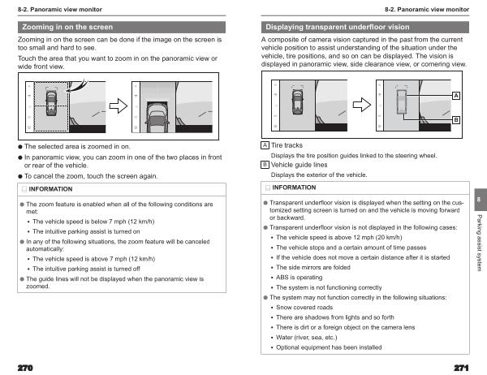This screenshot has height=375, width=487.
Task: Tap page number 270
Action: click(x=24, y=368)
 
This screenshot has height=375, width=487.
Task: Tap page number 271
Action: click(x=463, y=368)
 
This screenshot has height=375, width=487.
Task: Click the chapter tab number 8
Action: click(x=479, y=199)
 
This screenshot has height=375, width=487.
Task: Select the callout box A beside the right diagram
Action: click(x=456, y=96)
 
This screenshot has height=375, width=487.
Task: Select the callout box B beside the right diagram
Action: click(x=456, y=120)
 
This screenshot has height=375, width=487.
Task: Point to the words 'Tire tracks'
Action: click(x=287, y=145)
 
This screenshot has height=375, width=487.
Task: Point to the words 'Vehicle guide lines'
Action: click(x=298, y=164)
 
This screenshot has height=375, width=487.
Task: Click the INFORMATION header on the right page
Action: click(x=293, y=187)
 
